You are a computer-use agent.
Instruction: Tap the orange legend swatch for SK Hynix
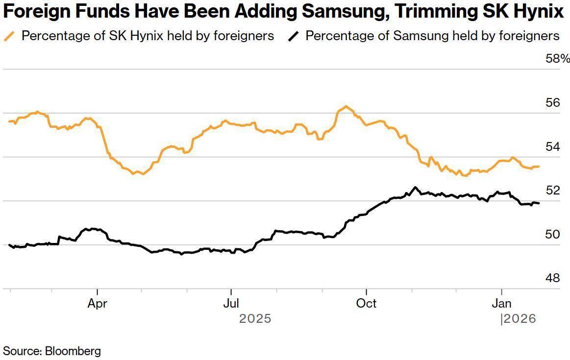click(9, 36)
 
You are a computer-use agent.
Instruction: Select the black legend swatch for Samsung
click(293, 36)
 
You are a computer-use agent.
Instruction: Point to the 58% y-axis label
click(558, 59)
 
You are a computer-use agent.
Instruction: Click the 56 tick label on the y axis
click(552, 103)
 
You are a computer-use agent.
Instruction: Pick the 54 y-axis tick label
click(552, 146)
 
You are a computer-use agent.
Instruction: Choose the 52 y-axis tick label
click(552, 191)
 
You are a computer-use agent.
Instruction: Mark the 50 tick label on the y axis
click(552, 234)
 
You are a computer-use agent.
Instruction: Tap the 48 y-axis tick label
click(552, 278)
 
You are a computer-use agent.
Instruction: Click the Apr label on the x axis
click(97, 303)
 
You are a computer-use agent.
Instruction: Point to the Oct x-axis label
click(366, 303)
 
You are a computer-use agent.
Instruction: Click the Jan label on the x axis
click(501, 303)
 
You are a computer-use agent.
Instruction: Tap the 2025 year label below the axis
click(255, 319)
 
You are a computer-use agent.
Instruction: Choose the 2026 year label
click(520, 319)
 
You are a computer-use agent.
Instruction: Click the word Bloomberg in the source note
click(73, 351)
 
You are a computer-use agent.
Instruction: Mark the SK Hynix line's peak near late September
click(346, 106)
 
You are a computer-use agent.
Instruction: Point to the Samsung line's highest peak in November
click(415, 187)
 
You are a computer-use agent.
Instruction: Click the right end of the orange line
click(539, 167)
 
